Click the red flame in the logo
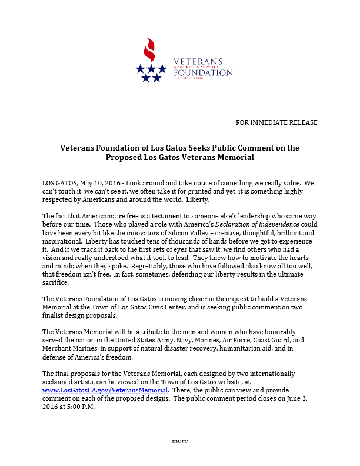[151, 51]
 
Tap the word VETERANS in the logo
[198, 62]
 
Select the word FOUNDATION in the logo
[203, 73]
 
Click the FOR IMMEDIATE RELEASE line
[276, 122]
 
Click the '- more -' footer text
[180, 441]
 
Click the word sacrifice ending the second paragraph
[57, 282]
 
